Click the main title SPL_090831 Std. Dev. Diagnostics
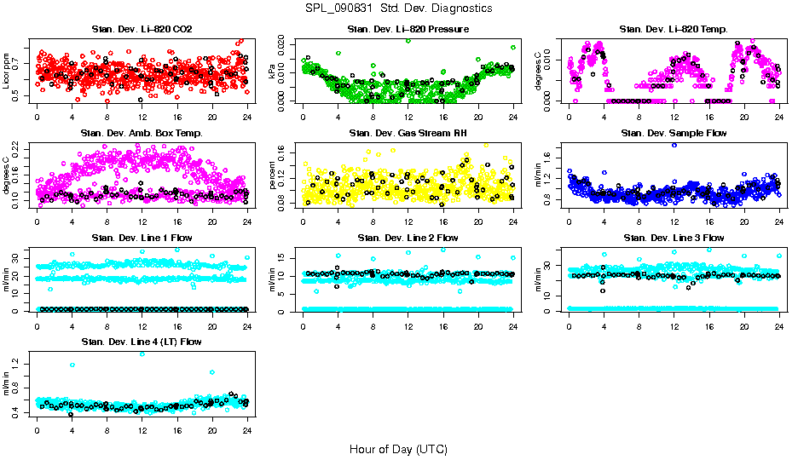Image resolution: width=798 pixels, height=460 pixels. [x=398, y=8]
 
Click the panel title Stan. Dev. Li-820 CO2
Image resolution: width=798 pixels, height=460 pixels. [x=142, y=30]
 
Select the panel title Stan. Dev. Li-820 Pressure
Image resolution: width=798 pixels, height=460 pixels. [x=408, y=30]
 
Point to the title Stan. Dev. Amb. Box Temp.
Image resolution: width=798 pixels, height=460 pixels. [x=142, y=133]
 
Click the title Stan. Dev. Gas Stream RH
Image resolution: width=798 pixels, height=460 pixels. [x=408, y=133]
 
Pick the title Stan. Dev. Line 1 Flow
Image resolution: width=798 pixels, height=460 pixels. [x=142, y=238]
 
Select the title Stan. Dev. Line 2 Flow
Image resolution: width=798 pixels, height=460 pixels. [x=408, y=238]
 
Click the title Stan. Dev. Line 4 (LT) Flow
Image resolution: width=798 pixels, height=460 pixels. [x=142, y=342]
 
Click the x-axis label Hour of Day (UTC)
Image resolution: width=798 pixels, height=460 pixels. [x=398, y=448]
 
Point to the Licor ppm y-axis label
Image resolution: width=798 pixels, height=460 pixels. [x=7, y=71]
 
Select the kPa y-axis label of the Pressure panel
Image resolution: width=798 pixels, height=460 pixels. [x=273, y=72]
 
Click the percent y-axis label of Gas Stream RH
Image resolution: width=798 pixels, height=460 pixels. [x=273, y=175]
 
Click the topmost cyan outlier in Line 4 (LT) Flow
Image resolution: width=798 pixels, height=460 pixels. [x=142, y=354]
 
